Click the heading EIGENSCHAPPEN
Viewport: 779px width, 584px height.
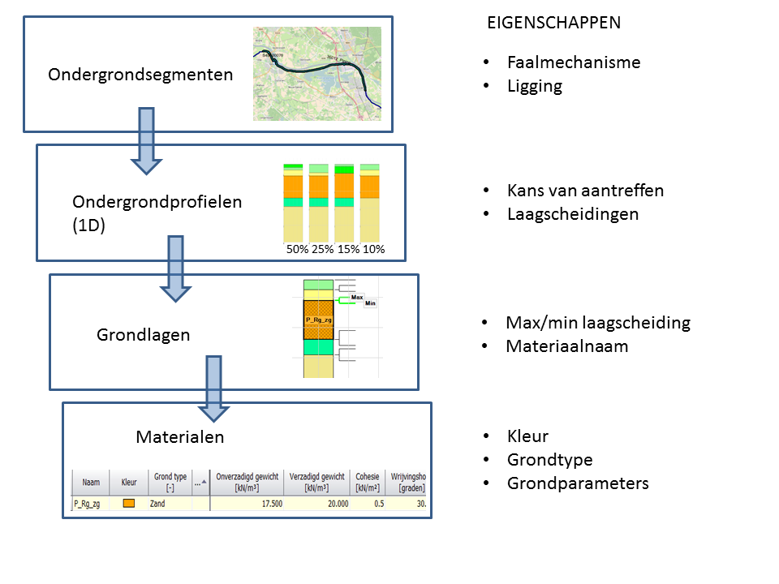tap(553, 23)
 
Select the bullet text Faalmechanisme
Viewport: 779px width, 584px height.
tap(573, 62)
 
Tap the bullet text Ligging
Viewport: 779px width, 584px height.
tap(534, 86)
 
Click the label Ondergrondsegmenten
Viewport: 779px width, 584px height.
tap(140, 75)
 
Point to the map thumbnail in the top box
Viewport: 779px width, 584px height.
tap(317, 74)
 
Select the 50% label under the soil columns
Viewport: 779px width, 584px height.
tap(296, 250)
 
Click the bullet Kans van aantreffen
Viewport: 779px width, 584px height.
tap(585, 191)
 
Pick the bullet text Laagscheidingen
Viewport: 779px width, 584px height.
tap(572, 214)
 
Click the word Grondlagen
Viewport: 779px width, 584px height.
tap(143, 334)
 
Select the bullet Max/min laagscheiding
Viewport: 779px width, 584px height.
tap(597, 322)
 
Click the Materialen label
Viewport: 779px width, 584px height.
tap(179, 437)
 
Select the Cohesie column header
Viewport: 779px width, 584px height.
tap(367, 482)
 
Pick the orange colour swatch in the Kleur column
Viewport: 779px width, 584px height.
tap(127, 504)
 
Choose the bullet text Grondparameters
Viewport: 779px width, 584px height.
tap(578, 483)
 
